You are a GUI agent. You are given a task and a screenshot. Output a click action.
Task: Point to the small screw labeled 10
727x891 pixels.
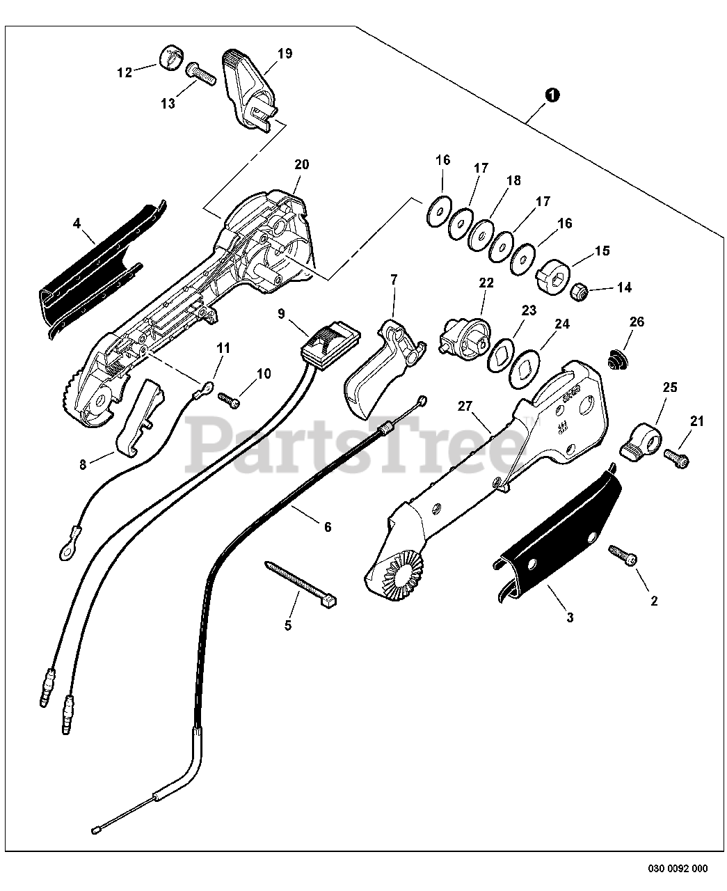coord(230,400)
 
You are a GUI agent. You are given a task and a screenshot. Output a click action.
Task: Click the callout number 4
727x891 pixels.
coord(77,223)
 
